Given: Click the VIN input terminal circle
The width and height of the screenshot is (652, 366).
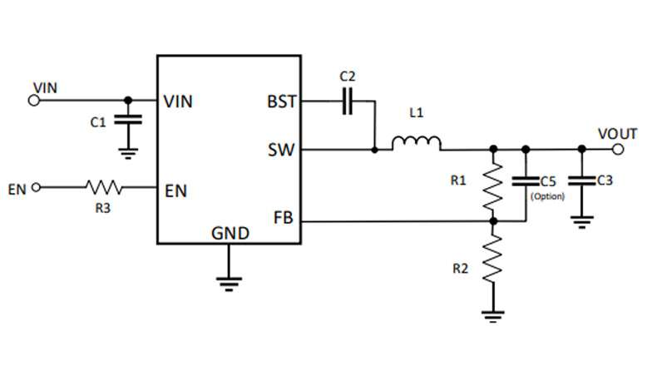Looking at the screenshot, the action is [x=33, y=101].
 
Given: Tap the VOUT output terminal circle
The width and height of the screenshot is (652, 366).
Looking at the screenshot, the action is [x=618, y=150].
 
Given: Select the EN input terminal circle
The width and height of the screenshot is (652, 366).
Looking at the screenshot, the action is [x=37, y=188].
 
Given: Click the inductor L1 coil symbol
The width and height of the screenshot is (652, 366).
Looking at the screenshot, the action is [x=416, y=143].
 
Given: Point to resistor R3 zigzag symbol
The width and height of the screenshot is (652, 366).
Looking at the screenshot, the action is [x=104, y=188].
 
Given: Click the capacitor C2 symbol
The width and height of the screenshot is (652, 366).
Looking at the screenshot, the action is [x=348, y=101].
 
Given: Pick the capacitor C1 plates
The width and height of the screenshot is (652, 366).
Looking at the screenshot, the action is [x=128, y=120].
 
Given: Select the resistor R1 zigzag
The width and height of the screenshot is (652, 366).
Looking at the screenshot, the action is [x=493, y=185].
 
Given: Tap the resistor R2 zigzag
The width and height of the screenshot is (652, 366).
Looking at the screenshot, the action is [x=493, y=258].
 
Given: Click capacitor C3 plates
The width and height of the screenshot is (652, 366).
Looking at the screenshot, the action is [x=582, y=181].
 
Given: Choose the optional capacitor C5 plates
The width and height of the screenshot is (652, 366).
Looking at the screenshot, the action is [x=526, y=181].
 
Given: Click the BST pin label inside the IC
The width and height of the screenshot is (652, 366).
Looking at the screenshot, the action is [x=281, y=101].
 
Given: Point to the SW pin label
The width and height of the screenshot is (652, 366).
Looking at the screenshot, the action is [x=281, y=150].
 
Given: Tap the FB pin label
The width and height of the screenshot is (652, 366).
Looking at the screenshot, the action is [x=283, y=218].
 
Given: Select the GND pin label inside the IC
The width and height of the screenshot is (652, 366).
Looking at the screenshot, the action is [x=230, y=233].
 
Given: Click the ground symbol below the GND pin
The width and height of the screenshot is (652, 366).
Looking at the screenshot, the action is [x=229, y=284].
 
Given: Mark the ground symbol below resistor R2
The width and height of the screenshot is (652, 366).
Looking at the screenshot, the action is [x=493, y=316].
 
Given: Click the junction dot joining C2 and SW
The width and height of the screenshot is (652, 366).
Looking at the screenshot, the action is [x=374, y=150].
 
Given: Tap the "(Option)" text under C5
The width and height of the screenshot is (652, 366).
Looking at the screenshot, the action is [x=547, y=196].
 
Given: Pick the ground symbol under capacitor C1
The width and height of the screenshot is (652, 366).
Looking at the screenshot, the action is [x=128, y=153].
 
